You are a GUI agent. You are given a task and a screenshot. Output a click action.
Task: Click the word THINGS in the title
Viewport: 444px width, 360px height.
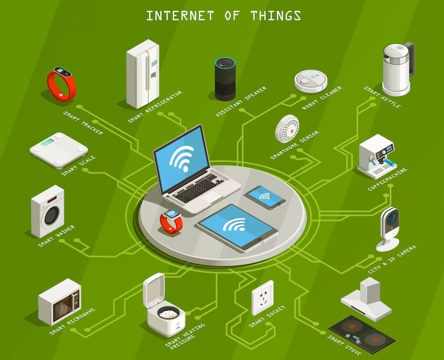pyautogui.click(x=275, y=16)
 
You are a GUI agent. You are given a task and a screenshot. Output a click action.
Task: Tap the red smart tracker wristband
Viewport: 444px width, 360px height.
pyautogui.click(x=61, y=84)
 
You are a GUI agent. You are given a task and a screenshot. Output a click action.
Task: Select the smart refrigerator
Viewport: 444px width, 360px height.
pyautogui.click(x=142, y=74)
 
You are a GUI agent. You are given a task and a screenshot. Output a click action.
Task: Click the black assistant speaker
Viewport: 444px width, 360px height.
pyautogui.click(x=225, y=79)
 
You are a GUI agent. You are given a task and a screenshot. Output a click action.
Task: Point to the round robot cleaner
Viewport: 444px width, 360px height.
pyautogui.click(x=311, y=81)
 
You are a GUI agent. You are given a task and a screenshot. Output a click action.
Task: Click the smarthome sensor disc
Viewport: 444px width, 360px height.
pyautogui.click(x=287, y=128)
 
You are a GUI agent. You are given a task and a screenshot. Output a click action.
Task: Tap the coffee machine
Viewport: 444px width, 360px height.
pyautogui.click(x=377, y=157)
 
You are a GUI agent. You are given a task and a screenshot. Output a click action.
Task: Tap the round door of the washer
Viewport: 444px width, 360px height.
pyautogui.click(x=50, y=215)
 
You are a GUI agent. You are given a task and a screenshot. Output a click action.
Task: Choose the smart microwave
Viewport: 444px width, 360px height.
pyautogui.click(x=60, y=302)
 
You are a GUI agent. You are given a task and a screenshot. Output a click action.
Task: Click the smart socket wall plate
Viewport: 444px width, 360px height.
pyautogui.click(x=262, y=298)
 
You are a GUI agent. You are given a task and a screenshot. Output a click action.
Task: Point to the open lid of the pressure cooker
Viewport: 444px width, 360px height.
pyautogui.click(x=154, y=290)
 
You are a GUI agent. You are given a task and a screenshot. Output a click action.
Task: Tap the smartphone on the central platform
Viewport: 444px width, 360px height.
pyautogui.click(x=265, y=197)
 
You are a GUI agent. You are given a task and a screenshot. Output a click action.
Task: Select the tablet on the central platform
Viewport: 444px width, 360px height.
pyautogui.click(x=237, y=227)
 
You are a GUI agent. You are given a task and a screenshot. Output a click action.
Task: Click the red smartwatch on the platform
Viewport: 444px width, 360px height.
pyautogui.click(x=172, y=221)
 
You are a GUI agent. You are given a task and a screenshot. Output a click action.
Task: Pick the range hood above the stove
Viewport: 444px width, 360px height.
pyautogui.click(x=367, y=299)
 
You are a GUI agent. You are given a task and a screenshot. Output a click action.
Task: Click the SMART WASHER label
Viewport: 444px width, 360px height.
pyautogui.click(x=56, y=236)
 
